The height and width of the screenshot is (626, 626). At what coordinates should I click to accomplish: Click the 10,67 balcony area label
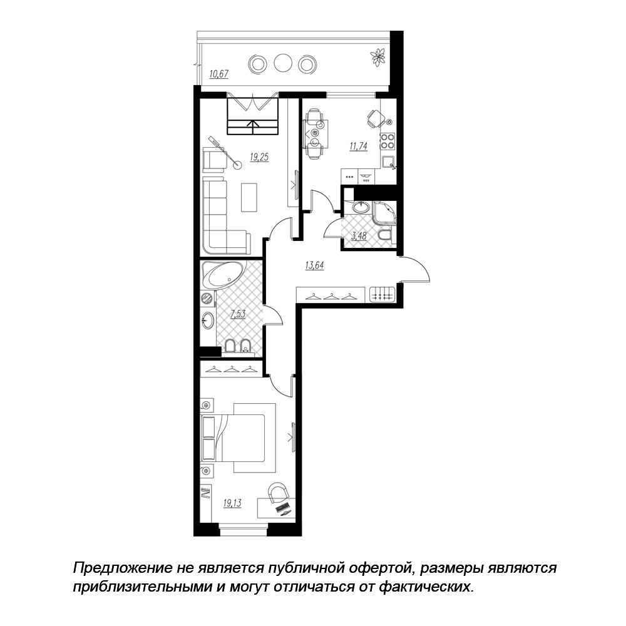[x=218, y=74]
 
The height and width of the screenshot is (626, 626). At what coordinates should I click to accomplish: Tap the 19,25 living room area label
[x=259, y=157]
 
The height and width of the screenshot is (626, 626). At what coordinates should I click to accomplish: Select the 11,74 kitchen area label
[x=358, y=146]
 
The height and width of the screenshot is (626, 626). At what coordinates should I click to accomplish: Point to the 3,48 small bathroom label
[x=359, y=236]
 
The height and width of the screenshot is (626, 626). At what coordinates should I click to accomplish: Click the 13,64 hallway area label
[x=315, y=265]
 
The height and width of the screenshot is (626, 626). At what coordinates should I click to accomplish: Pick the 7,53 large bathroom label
[x=237, y=314]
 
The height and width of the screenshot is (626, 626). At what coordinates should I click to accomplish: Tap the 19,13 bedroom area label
[x=232, y=503]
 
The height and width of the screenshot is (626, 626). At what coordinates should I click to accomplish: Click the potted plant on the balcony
[x=377, y=56]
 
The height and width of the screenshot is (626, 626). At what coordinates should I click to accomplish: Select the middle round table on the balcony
[x=283, y=63]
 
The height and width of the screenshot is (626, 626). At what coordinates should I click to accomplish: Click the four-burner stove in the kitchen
[x=387, y=140]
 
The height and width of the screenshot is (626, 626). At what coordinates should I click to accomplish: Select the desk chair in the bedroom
[x=278, y=492]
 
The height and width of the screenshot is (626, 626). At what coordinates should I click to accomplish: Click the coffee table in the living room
[x=249, y=197]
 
